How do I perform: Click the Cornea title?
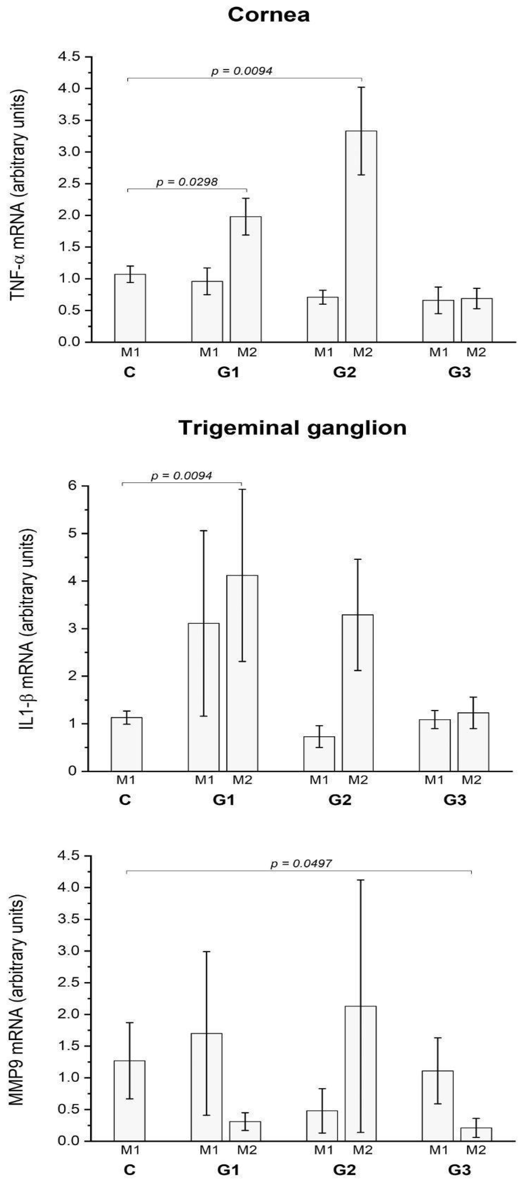click(269, 16)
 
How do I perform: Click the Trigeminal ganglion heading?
click(292, 428)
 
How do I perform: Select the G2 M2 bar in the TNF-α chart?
click(361, 236)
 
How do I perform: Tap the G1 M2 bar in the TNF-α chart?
click(246, 279)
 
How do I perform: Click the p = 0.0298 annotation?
click(187, 182)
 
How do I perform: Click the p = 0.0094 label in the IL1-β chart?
click(181, 476)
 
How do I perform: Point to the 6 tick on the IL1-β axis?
click(72, 486)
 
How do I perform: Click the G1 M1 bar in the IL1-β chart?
click(203, 697)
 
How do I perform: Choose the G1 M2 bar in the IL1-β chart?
click(242, 673)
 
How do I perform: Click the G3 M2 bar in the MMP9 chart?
click(476, 1129)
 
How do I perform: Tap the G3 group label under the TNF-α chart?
click(459, 373)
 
